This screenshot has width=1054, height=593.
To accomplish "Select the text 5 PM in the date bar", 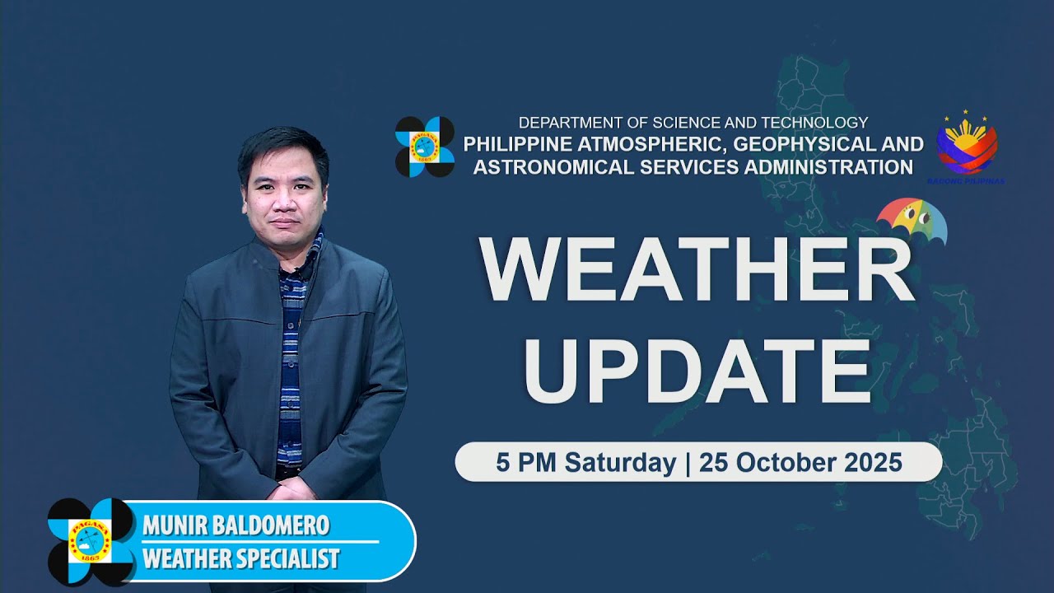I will click(520, 462).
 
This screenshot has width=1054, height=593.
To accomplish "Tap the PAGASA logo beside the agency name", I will click(424, 147).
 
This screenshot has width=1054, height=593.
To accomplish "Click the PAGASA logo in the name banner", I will click(91, 541).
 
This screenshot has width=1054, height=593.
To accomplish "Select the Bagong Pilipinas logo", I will click(967, 147).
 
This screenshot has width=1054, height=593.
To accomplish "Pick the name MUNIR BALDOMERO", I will click(236, 525).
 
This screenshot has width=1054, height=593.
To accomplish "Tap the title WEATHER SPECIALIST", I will click(240, 558).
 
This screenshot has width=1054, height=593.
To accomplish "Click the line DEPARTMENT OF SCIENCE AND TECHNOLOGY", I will click(693, 123).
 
